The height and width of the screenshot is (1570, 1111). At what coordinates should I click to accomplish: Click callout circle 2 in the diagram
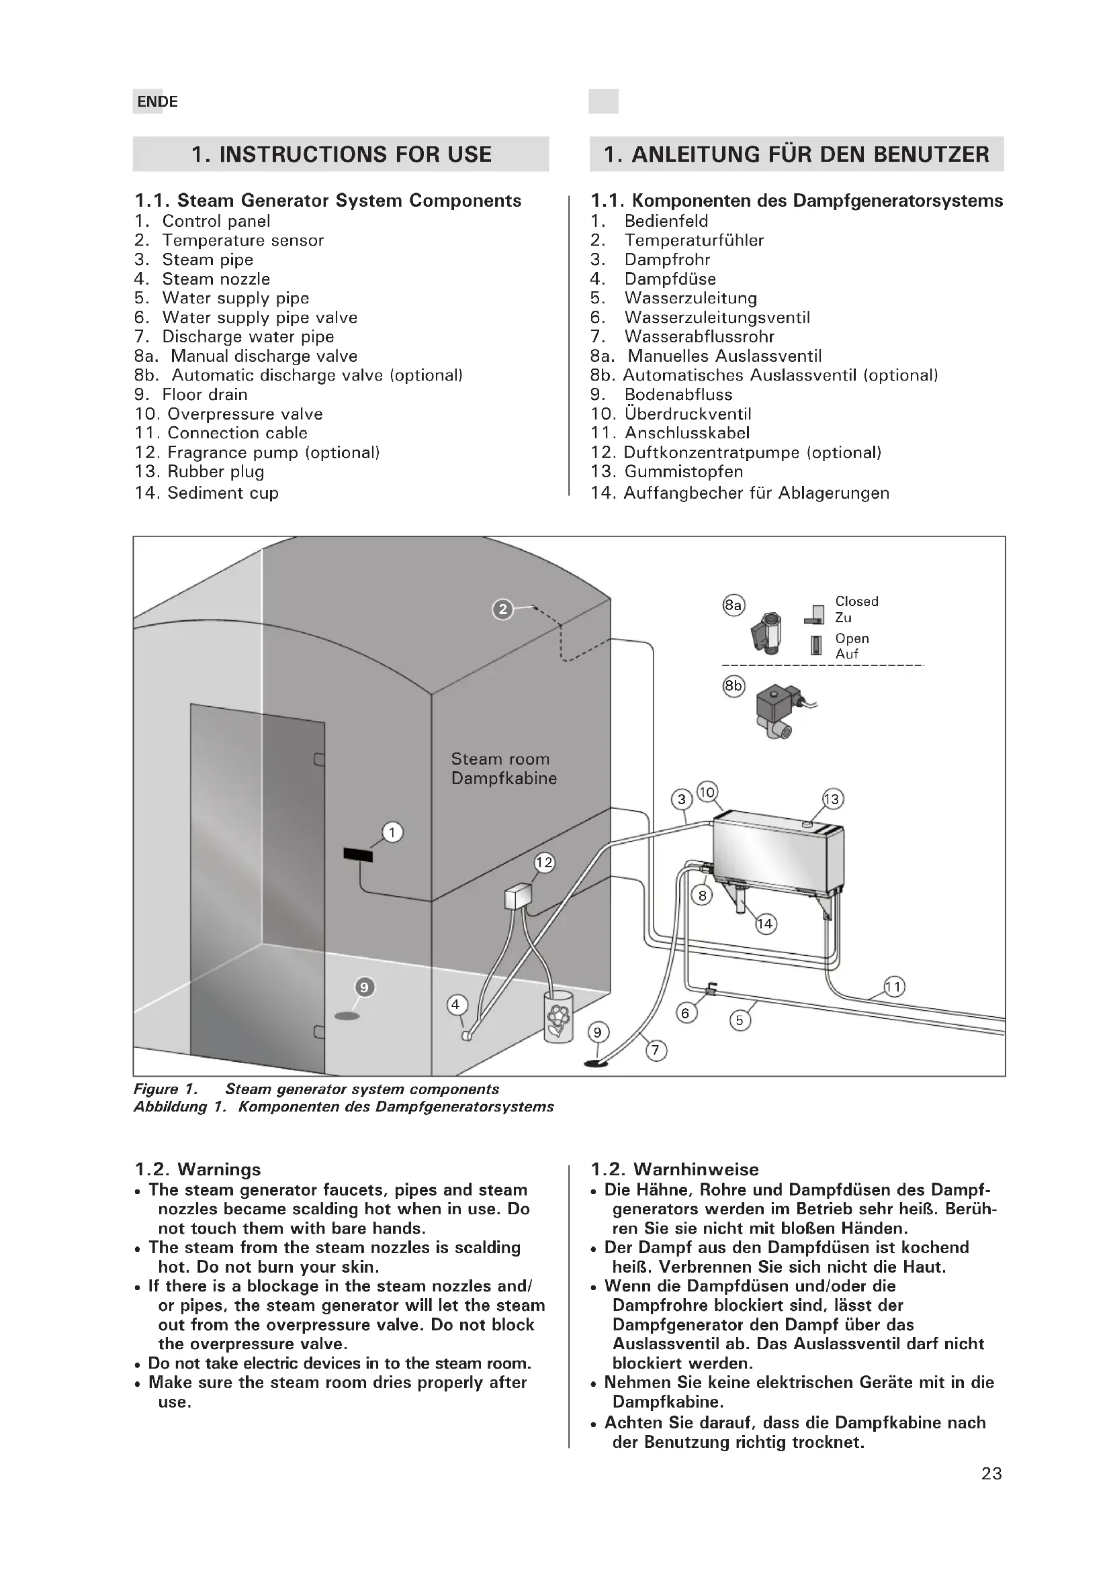pos(503,609)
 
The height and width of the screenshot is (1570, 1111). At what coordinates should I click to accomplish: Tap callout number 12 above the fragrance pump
pos(544,863)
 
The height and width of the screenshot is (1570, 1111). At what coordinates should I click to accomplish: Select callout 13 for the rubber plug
pos(832,799)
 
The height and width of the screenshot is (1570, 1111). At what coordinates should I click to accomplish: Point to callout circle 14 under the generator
pos(765,924)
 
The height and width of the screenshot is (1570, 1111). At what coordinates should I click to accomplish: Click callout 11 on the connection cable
pos(893,987)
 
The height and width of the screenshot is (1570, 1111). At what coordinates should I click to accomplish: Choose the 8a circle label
pos(734,605)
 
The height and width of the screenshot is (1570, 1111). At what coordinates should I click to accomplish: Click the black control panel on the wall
pos(358,854)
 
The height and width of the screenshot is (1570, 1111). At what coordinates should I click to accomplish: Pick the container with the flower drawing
pos(558,1017)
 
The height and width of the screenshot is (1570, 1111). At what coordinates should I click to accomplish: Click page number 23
pos(991,1473)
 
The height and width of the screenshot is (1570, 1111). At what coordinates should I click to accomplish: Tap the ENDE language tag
pos(157,102)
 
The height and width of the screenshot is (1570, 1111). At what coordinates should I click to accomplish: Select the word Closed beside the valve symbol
pos(856,601)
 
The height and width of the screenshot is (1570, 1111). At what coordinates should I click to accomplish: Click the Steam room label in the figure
pos(500,759)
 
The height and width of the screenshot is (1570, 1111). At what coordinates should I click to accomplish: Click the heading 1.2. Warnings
pos(197,1169)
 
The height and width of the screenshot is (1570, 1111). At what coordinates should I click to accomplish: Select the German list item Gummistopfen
pos(682,471)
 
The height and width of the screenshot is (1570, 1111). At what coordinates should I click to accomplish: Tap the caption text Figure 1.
pos(165,1089)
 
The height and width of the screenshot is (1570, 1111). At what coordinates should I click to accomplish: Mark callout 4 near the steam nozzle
pos(455,1005)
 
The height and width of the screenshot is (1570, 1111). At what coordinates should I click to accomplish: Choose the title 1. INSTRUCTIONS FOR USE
pos(341,154)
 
